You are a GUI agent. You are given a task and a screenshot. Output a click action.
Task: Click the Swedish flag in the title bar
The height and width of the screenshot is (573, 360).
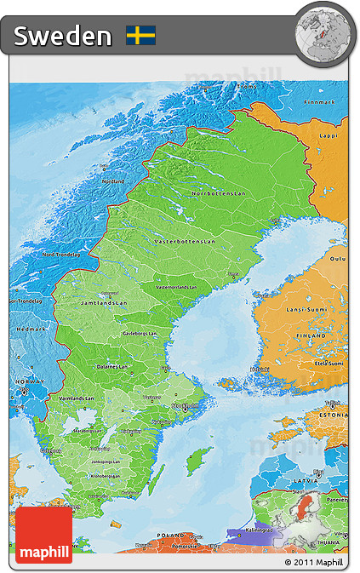pos(140,35)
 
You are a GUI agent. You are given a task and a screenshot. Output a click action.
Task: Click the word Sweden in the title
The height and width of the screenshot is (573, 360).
pos(63,36)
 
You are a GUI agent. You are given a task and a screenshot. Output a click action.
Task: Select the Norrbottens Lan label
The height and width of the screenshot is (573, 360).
pos(218,193)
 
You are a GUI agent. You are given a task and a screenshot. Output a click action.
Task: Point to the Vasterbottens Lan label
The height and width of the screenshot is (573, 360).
pos(181,242)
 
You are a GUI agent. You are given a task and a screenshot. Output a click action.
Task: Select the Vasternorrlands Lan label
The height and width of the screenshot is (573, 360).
pos(181,287)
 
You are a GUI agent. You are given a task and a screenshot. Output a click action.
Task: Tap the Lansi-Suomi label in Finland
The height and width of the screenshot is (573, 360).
pos(307,309)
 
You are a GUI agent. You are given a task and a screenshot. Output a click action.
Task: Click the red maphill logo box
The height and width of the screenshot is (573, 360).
pos(43,535)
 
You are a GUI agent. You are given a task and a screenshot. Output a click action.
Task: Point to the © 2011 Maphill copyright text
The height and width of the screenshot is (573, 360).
pos(315,562)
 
